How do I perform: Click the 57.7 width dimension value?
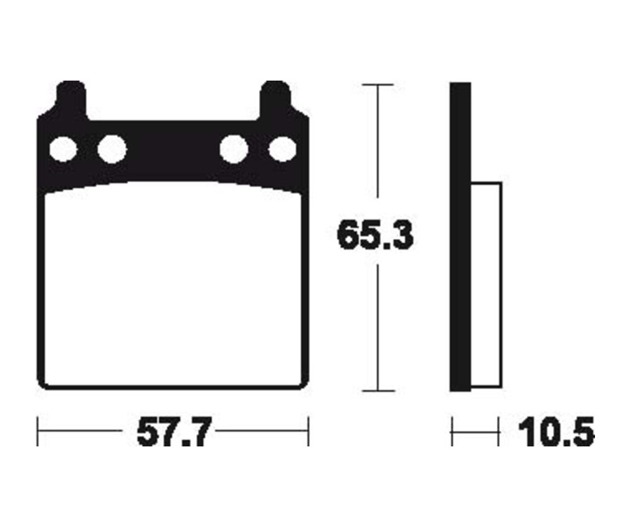pos(173,432)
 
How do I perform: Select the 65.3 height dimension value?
pos(375,236)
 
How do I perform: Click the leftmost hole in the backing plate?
pos(62,149)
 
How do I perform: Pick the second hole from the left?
pos(111,149)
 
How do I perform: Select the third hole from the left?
pos(234,149)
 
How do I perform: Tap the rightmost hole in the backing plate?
pos(283,149)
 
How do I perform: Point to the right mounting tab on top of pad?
pos(274,98)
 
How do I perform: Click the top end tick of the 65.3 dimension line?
pos(378,85)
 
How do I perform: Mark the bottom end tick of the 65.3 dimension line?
pos(378,391)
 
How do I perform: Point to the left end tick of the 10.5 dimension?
pos(451,432)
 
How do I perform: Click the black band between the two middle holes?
pos(173,149)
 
